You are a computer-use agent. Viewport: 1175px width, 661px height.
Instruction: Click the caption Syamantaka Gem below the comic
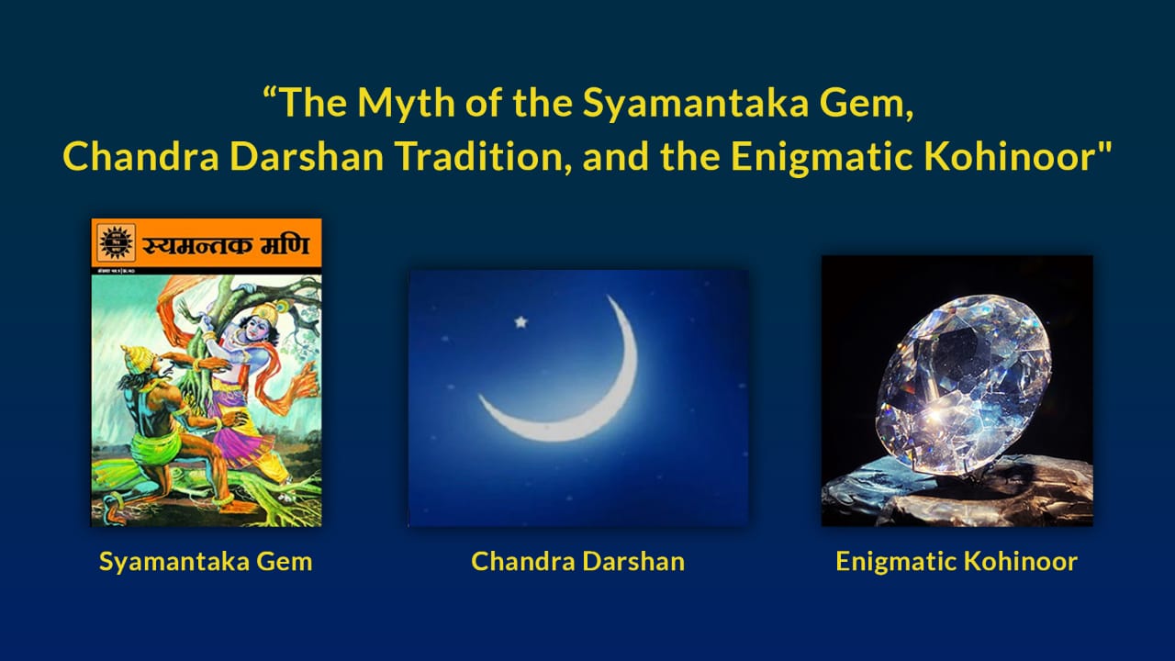pyautogui.click(x=206, y=561)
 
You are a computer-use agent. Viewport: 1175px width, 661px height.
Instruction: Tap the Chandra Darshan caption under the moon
pyautogui.click(x=577, y=561)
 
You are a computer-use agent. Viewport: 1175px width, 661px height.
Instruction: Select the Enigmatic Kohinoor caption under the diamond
pyautogui.click(x=956, y=561)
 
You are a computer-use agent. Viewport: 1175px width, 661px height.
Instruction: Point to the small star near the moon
pyautogui.click(x=521, y=322)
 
